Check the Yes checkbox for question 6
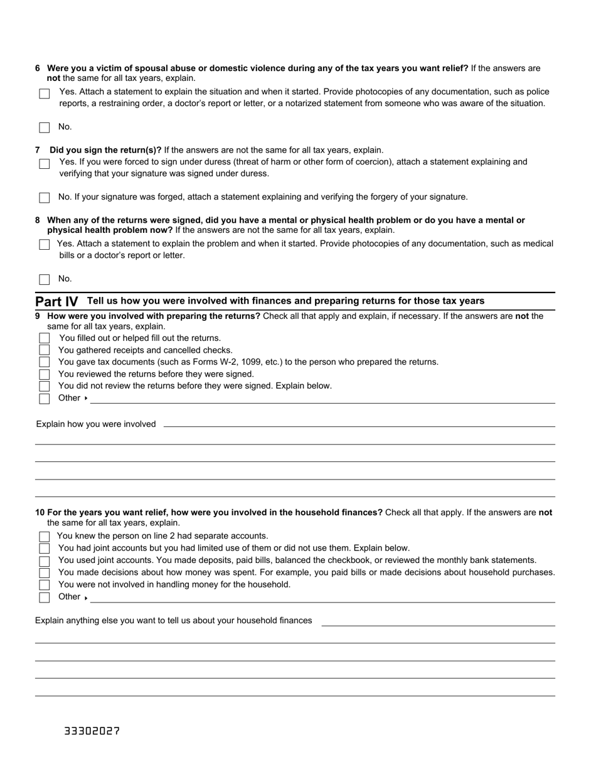click(45, 94)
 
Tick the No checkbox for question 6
click(45, 127)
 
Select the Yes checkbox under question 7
click(45, 164)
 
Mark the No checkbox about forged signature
click(45, 198)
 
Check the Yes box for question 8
click(45, 245)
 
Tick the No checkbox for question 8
click(45, 279)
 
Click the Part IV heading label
click(57, 301)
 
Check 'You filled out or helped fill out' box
click(45, 338)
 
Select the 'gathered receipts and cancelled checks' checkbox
click(45, 350)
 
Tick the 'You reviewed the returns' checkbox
click(45, 374)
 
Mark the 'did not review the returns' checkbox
click(45, 386)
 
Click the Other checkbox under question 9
click(45, 398)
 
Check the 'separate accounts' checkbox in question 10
click(45, 537)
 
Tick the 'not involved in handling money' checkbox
click(45, 585)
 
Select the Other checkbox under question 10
click(45, 597)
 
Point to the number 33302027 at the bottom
click(92, 731)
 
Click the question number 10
click(40, 512)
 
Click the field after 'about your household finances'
click(438, 621)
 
